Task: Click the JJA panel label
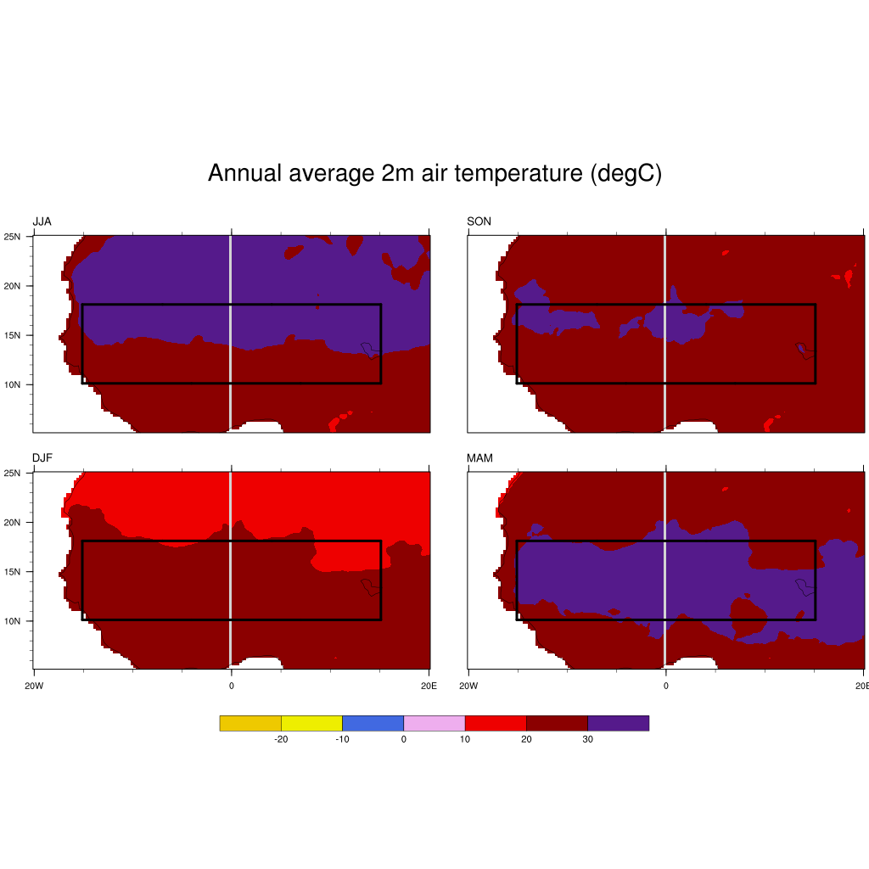click(x=42, y=221)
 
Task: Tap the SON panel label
click(x=479, y=221)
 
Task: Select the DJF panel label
click(x=42, y=458)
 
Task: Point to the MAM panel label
click(x=479, y=458)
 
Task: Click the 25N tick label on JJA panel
click(x=14, y=236)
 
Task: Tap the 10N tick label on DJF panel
click(x=14, y=620)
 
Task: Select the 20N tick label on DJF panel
click(x=14, y=522)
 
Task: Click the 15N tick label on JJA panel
click(x=14, y=335)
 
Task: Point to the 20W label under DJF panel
click(x=34, y=684)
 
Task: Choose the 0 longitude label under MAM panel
click(x=665, y=684)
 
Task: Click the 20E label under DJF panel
click(x=429, y=684)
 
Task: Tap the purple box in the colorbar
click(x=618, y=723)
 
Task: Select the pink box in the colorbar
click(x=434, y=723)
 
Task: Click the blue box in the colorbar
click(x=373, y=723)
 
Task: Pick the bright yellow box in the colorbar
click(x=311, y=723)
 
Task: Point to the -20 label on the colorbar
click(x=281, y=739)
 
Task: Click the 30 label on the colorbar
click(x=587, y=739)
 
